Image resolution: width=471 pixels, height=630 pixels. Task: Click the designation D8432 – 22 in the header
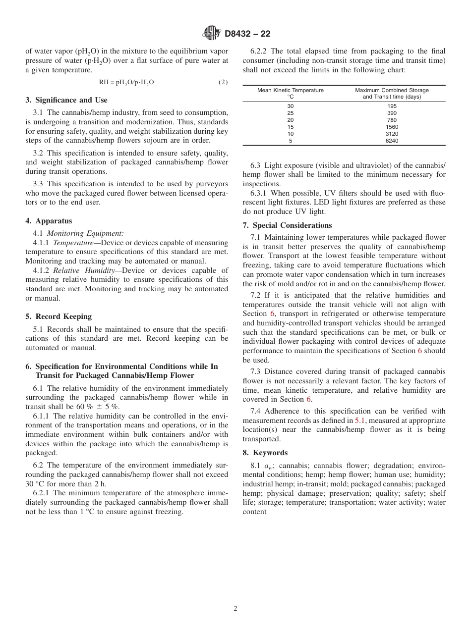point(247,34)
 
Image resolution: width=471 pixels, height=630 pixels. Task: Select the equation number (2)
point(223,82)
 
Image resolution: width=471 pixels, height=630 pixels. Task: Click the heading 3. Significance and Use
point(66,100)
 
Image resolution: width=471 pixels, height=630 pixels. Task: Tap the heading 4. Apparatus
point(49,221)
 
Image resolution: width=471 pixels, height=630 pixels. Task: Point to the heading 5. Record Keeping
point(59,316)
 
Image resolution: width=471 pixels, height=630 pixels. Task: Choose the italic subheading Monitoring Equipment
point(85,233)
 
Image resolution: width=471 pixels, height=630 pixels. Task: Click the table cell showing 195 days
point(392,106)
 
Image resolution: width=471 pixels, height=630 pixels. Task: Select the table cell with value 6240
point(392,141)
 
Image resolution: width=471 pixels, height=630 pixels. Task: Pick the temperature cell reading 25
point(291,113)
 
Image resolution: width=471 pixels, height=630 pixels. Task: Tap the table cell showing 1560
point(392,127)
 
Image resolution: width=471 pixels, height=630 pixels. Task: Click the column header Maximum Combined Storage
point(392,90)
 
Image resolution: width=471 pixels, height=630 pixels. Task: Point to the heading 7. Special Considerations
point(287,225)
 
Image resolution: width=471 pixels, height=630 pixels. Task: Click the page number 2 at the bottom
point(235,609)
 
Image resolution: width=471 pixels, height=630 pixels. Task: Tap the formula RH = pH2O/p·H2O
point(126,82)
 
